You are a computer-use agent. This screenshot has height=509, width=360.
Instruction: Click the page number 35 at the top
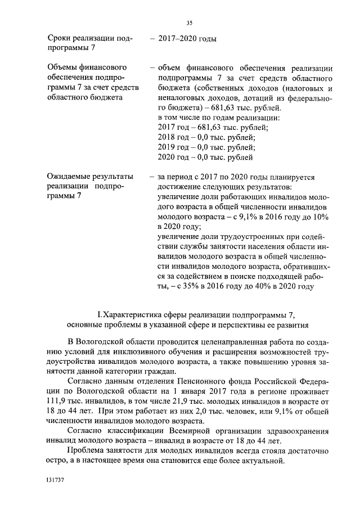(x=189, y=22)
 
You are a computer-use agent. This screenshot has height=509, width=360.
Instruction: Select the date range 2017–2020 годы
(x=188, y=39)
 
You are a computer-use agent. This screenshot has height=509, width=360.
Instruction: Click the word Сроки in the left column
(x=61, y=39)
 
